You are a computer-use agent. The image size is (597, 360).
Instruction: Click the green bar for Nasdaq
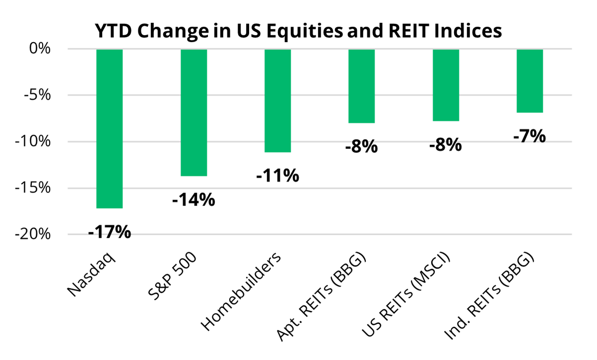click(x=110, y=129)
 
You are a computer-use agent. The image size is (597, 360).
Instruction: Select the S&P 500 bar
click(x=194, y=113)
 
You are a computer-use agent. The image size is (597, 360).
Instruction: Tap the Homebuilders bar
click(x=278, y=101)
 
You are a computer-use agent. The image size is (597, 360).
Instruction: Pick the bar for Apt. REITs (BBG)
click(x=362, y=86)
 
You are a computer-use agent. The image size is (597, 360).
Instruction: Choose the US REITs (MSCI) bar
click(x=446, y=85)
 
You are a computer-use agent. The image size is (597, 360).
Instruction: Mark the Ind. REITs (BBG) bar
click(x=530, y=81)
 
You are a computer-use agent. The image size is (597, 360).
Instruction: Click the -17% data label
click(x=110, y=232)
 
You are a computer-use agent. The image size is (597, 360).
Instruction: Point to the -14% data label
click(x=194, y=200)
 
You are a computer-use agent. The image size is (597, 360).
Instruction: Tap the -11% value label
click(x=278, y=176)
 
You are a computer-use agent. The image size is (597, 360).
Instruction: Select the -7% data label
click(x=530, y=136)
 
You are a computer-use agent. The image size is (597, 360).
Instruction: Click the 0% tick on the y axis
click(x=40, y=49)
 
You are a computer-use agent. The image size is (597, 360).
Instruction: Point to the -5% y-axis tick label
click(x=37, y=95)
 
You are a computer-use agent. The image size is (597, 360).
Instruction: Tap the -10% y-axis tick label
click(x=33, y=142)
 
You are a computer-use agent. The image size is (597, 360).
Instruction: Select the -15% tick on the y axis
click(x=33, y=188)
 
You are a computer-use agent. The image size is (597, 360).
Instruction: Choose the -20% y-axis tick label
click(x=33, y=234)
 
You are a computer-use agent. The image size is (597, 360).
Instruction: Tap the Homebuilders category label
click(x=241, y=291)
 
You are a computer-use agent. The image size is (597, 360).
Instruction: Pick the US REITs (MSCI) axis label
click(x=406, y=294)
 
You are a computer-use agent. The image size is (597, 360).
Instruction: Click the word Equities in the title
click(x=305, y=31)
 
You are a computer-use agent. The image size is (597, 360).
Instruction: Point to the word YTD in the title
click(x=114, y=31)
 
